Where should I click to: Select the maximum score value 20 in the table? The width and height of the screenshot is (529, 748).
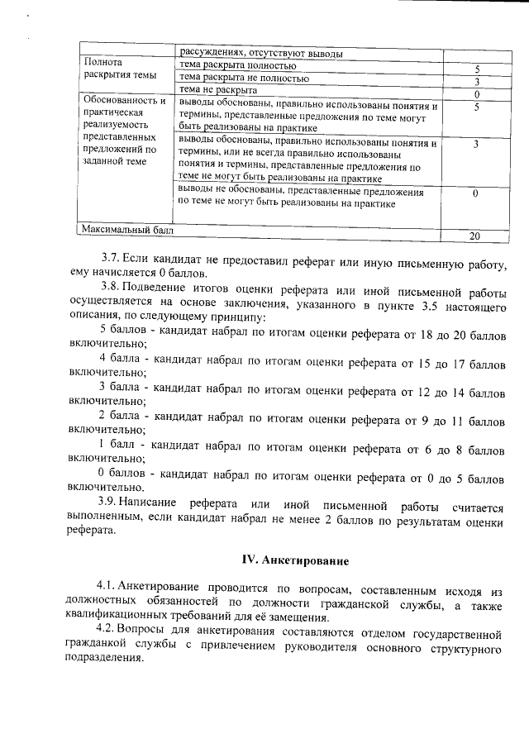(x=474, y=236)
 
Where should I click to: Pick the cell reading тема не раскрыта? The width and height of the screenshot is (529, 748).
(x=218, y=90)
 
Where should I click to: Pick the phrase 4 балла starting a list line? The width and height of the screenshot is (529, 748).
(x=122, y=361)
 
